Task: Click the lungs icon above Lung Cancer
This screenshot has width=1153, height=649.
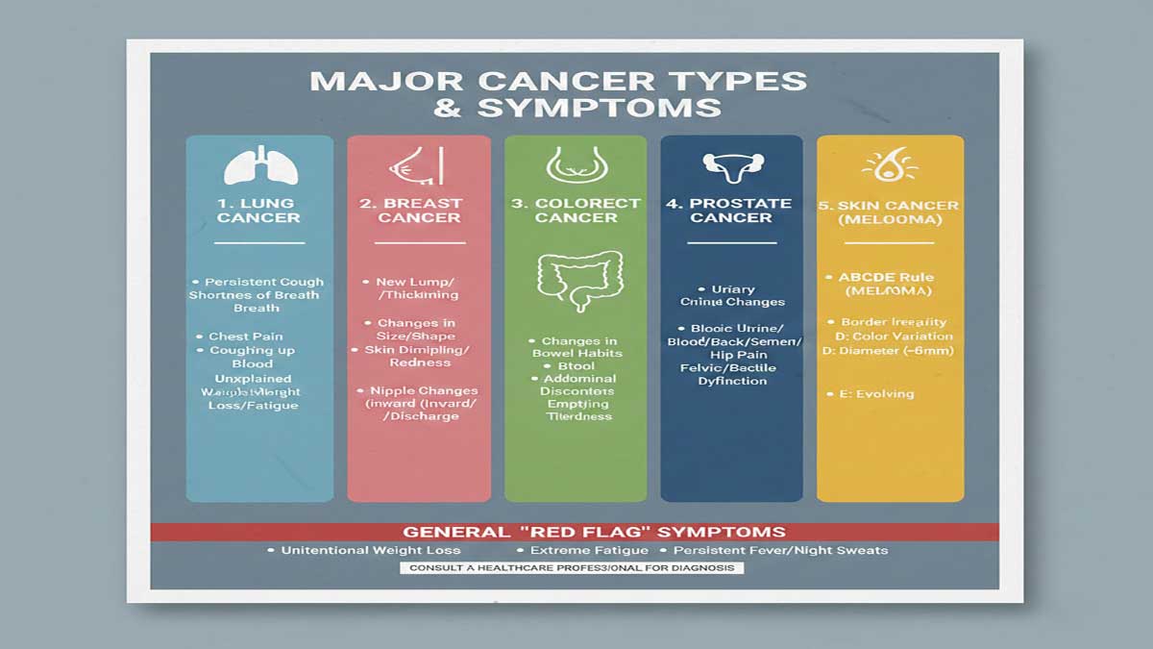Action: coord(259,165)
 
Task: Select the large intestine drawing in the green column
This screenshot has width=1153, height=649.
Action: coord(576,280)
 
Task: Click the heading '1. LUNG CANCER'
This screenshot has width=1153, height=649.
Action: coord(258,211)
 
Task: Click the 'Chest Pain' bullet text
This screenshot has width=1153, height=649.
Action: coord(246,337)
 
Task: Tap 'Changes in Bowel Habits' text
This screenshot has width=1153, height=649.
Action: coord(576,347)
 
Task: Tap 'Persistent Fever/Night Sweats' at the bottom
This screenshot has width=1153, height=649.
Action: coord(779,551)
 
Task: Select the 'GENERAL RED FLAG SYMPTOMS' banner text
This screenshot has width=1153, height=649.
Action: coord(594,532)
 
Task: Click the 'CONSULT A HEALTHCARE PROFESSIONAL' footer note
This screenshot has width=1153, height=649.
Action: coord(571,568)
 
